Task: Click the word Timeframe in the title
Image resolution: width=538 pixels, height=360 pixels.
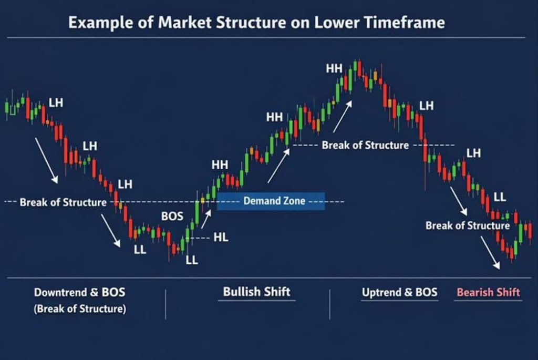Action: point(405,22)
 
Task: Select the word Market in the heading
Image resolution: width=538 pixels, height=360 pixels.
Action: point(184,22)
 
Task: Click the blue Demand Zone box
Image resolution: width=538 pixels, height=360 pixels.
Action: point(271,201)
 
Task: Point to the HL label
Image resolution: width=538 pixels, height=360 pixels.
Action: point(221,237)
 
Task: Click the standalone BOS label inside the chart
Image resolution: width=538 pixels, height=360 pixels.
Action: point(172,216)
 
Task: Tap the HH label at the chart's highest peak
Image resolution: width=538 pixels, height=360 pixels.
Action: point(334,69)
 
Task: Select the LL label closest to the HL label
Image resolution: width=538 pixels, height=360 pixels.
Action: point(192,260)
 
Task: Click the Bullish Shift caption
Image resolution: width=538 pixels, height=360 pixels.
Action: point(256,292)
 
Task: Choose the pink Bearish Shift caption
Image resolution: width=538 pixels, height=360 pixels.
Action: point(488,292)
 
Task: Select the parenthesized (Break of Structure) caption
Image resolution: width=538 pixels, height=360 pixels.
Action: point(80,309)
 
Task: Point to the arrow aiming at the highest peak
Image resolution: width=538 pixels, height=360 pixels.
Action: point(343,117)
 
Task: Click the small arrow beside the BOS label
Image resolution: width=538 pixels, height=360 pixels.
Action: point(206,219)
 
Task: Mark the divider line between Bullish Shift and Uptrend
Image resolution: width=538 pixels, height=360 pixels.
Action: point(330,304)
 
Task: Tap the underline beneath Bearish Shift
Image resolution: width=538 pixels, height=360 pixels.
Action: point(488,301)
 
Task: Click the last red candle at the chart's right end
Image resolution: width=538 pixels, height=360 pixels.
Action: point(530,230)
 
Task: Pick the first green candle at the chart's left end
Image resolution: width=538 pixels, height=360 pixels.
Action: point(6,107)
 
